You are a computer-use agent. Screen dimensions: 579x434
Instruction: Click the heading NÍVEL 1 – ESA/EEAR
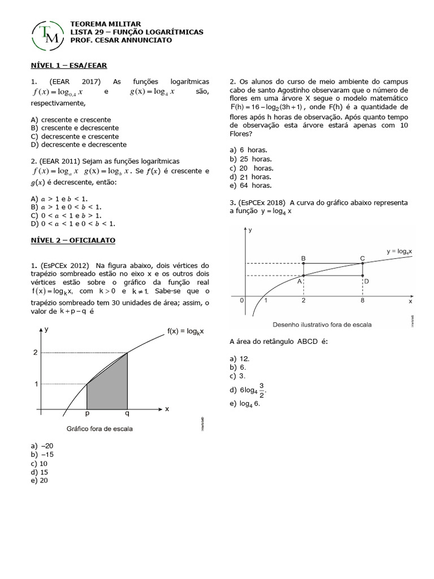[x=68, y=66]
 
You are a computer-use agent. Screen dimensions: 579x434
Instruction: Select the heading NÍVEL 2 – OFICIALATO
[x=73, y=240]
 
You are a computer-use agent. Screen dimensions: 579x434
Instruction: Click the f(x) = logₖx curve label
[x=185, y=331]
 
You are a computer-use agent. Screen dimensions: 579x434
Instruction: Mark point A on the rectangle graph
[x=304, y=275]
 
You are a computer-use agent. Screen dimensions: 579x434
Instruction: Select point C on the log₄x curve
[x=362, y=263]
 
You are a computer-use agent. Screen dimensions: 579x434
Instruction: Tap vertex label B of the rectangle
[x=303, y=258]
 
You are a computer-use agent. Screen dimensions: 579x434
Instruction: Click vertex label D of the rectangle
[x=367, y=281]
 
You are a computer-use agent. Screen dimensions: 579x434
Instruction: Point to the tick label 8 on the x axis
[x=362, y=301]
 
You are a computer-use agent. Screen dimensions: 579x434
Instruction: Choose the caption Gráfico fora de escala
[x=99, y=429]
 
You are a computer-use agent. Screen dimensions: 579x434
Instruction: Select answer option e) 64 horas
[x=250, y=185]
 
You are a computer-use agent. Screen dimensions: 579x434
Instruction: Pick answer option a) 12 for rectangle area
[x=240, y=358]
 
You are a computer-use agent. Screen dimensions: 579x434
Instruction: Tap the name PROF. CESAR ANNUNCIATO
[x=121, y=41]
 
